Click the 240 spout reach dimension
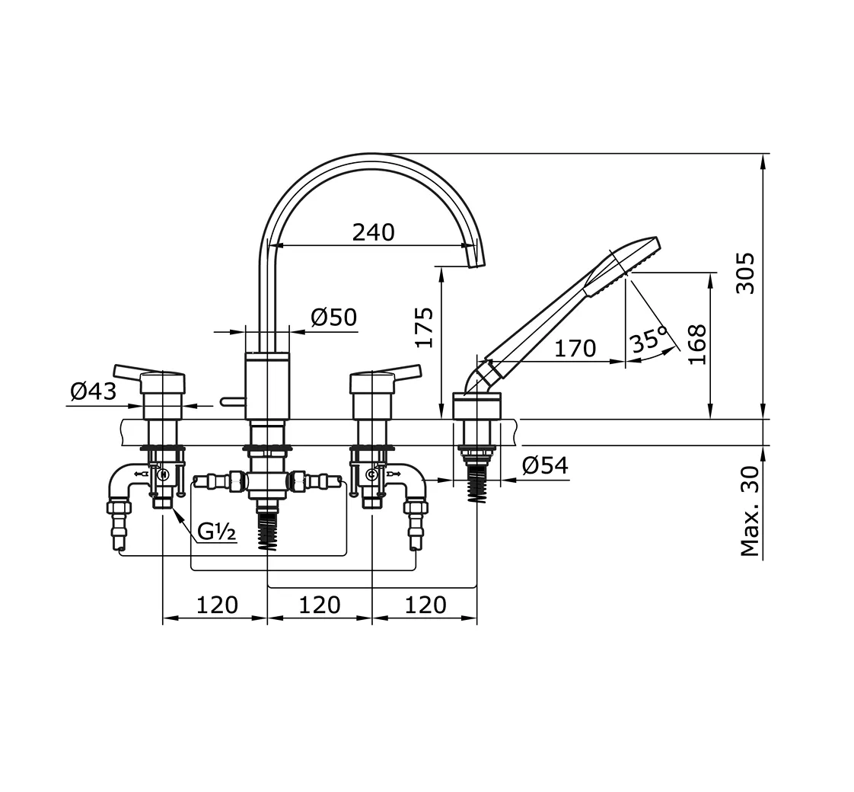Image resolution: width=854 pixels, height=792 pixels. click(x=373, y=232)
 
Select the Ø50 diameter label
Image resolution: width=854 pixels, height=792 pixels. click(x=333, y=317)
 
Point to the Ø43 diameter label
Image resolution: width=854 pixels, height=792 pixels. click(x=93, y=391)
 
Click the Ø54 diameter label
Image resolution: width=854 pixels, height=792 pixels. click(x=545, y=465)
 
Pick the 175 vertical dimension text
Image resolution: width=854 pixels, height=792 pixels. click(x=424, y=327)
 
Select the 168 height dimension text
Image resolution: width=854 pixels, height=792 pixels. click(x=696, y=344)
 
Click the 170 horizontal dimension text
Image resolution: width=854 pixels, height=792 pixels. click(x=575, y=349)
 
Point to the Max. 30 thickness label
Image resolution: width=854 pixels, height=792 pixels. click(x=750, y=511)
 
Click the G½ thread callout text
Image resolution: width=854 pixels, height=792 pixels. click(x=218, y=532)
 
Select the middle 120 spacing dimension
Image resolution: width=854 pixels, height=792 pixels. click(x=319, y=605)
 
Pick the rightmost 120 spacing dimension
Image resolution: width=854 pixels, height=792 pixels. click(x=425, y=605)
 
